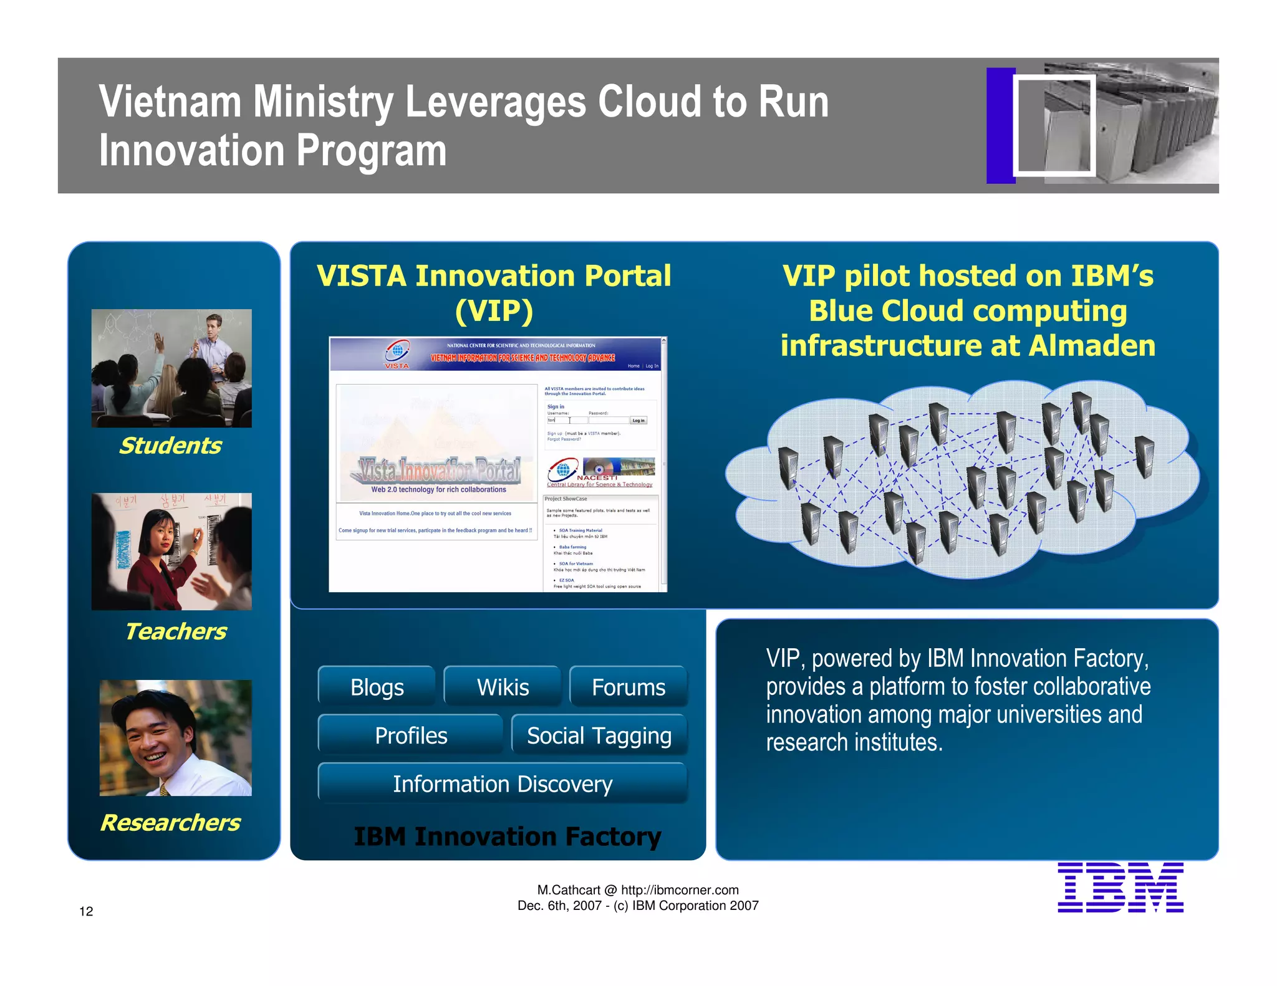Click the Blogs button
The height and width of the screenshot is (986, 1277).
pyautogui.click(x=377, y=687)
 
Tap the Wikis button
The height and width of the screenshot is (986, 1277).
pyautogui.click(x=503, y=687)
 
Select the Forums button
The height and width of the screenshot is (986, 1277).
pyautogui.click(x=628, y=687)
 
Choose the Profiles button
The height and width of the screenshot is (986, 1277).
pyautogui.click(x=411, y=735)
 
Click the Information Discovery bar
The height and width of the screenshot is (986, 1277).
pyautogui.click(x=503, y=783)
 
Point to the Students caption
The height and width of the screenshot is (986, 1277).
pyautogui.click(x=170, y=446)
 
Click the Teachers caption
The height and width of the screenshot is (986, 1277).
pyautogui.click(x=176, y=631)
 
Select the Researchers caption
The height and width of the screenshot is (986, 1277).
pyautogui.click(x=170, y=823)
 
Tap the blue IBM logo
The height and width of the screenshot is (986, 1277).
pyautogui.click(x=1120, y=888)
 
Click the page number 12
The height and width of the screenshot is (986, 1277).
pyautogui.click(x=86, y=911)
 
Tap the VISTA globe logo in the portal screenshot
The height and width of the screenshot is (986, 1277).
pyautogui.click(x=397, y=352)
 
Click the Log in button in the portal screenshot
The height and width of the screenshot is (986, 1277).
pyautogui.click(x=638, y=421)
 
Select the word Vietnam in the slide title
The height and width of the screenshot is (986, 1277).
pyautogui.click(x=170, y=102)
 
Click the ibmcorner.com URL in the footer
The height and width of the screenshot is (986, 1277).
pyautogui.click(x=680, y=890)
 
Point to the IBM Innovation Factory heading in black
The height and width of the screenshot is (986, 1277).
pyautogui.click(x=507, y=836)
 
